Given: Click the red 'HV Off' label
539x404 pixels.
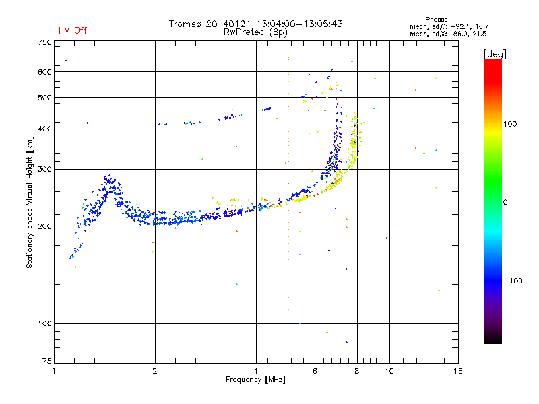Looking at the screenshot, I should (72, 30).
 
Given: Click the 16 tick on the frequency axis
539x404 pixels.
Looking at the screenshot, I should (458, 372).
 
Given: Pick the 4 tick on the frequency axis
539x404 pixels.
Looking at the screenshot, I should (256, 372).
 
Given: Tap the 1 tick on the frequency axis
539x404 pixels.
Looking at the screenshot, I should (55, 372).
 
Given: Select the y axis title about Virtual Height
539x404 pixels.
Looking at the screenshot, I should (29, 201).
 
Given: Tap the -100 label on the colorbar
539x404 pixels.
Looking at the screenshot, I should (513, 281).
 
